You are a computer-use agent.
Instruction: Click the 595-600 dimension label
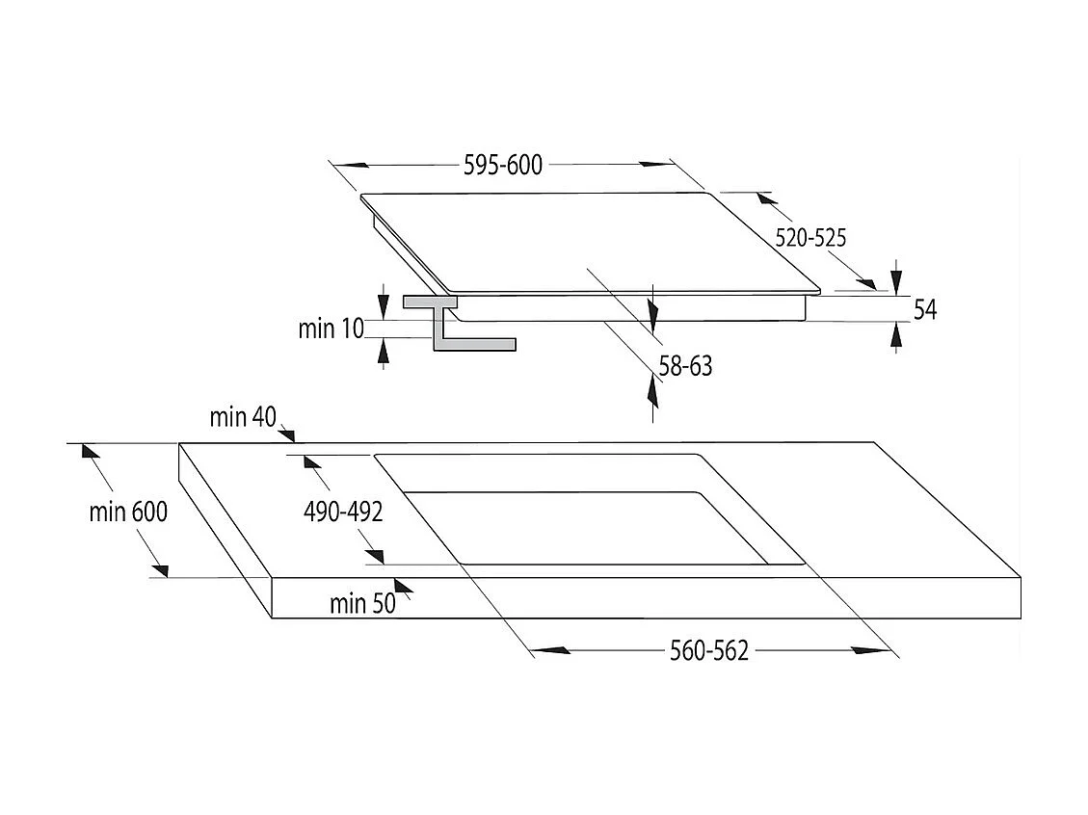(x=503, y=165)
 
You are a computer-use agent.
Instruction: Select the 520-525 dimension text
(x=810, y=238)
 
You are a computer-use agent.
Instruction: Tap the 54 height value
(x=925, y=309)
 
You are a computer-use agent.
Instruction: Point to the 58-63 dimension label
(x=685, y=366)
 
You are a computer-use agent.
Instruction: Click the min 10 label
(x=331, y=329)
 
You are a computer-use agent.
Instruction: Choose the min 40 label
(x=243, y=417)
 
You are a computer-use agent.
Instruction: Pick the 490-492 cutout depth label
(x=343, y=512)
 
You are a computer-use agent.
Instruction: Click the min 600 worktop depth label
(x=128, y=512)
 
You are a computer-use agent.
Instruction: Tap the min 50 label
(x=362, y=603)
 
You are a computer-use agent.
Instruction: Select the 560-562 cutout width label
(x=709, y=651)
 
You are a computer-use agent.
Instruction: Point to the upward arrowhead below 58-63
(x=653, y=390)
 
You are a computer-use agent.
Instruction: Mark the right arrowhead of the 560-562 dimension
(x=871, y=650)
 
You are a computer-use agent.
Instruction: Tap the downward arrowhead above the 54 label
(x=896, y=281)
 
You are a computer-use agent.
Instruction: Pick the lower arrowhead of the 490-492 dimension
(x=374, y=556)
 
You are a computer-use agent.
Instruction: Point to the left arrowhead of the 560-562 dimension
(x=551, y=650)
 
